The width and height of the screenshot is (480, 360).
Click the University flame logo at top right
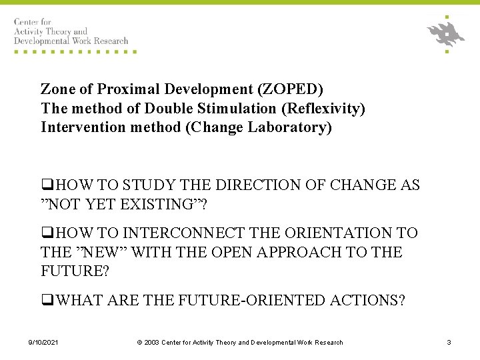pos(446,33)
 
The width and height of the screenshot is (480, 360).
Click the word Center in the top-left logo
pos(27,22)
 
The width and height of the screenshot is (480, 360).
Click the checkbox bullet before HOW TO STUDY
pos(47,185)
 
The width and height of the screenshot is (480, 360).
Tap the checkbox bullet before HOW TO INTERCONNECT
pos(47,233)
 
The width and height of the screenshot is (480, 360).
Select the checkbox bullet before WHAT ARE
pos(47,301)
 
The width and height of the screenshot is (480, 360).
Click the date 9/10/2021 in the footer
pos(43,343)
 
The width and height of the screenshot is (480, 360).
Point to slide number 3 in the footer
pos(449,343)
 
